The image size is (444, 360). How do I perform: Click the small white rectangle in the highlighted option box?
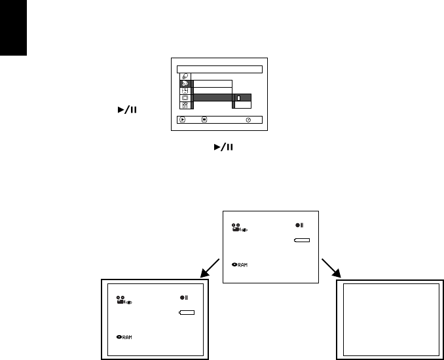[239, 98]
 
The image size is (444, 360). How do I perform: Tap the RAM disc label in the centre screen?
[242, 264]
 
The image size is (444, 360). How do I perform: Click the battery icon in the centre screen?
[301, 241]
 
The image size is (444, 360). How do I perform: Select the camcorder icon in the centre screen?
[236, 228]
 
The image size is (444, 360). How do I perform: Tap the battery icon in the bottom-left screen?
[187, 313]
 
